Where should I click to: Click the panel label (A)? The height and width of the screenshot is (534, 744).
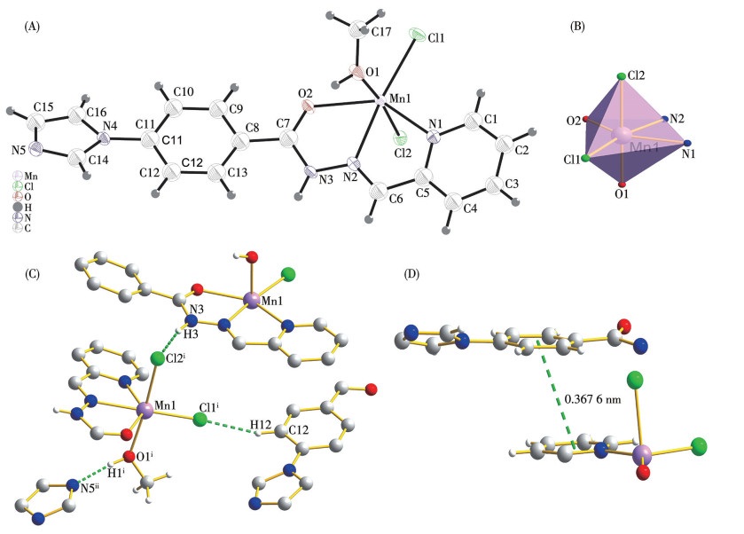click(32, 27)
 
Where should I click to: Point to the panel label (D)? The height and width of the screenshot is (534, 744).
click(411, 274)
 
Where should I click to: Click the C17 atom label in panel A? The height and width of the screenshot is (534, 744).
click(381, 32)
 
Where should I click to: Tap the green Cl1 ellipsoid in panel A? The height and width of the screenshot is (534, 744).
click(417, 35)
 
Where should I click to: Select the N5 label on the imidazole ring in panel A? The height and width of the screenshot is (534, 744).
click(19, 151)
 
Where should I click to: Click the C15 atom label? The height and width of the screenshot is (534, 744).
click(43, 107)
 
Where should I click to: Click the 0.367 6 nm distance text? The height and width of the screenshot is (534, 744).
click(592, 399)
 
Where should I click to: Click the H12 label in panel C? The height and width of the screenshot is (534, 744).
click(261, 424)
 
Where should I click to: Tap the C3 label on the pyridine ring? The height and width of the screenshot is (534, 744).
click(512, 184)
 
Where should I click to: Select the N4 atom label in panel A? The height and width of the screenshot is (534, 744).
click(110, 126)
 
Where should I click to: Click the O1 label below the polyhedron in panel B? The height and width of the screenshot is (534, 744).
click(621, 193)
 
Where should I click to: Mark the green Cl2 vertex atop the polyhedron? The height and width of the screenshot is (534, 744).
click(621, 76)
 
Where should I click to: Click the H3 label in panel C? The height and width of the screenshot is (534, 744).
click(191, 334)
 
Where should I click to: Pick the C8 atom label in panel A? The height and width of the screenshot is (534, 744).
click(253, 128)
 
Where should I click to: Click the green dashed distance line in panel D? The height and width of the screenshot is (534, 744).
click(555, 394)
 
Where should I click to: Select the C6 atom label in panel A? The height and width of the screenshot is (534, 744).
click(395, 199)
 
